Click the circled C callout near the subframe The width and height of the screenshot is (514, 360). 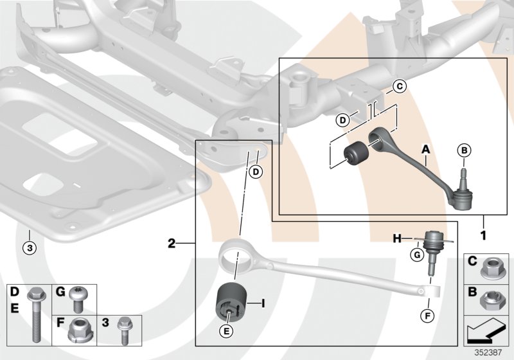pyautogui.click(x=398, y=85)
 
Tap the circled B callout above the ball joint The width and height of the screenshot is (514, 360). pyautogui.click(x=465, y=150)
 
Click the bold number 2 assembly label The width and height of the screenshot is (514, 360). pyautogui.click(x=172, y=244)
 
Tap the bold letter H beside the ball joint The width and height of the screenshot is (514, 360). pyautogui.click(x=397, y=239)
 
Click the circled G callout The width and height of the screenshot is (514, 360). pyautogui.click(x=416, y=256)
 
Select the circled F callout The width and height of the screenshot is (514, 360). pyautogui.click(x=427, y=316)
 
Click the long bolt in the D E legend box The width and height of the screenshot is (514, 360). pyautogui.click(x=34, y=318)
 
